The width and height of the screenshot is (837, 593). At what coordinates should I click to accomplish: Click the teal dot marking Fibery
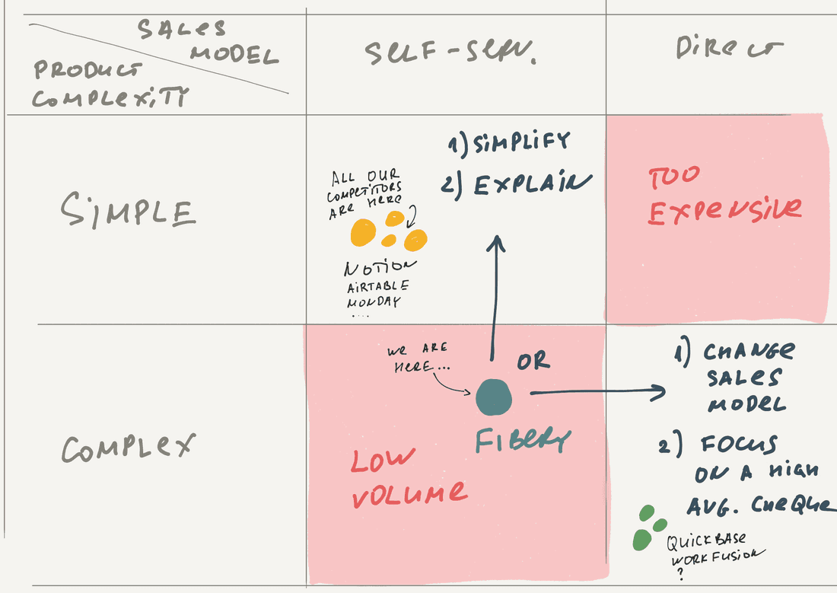coord(494,397)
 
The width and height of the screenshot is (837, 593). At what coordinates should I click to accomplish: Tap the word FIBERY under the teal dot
coord(523,441)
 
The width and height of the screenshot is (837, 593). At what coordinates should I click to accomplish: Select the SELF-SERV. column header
coord(450,53)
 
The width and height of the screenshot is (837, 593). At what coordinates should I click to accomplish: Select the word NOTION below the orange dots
coord(380,268)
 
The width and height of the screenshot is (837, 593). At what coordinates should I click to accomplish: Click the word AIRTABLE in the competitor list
coord(378,286)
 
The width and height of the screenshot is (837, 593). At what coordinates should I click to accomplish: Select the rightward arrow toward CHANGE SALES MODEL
coord(597,393)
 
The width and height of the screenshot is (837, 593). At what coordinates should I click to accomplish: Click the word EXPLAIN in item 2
coord(533,183)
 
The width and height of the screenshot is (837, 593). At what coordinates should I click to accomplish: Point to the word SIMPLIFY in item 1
coord(520,142)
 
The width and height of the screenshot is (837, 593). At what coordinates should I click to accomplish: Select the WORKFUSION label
coord(712,559)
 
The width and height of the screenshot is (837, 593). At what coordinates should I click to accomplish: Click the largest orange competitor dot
coord(363,233)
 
